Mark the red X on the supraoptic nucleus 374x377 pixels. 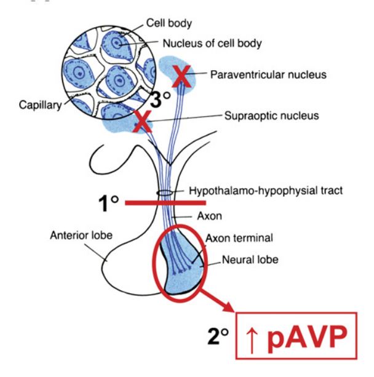click(x=142, y=122)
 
